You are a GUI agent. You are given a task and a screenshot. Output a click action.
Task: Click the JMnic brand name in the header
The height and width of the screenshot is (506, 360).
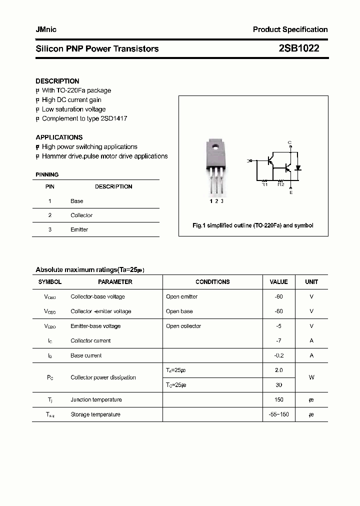[x=46, y=29]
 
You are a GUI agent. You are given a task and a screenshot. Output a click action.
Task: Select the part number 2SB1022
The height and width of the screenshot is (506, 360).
[x=299, y=48]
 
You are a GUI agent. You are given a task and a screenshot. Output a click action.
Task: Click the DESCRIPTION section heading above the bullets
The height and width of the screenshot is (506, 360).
[x=57, y=81]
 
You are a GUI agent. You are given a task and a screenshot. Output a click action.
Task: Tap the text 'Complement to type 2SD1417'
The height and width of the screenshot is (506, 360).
[x=84, y=118]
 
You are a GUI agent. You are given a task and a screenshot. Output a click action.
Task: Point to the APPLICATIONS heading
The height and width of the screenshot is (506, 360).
[x=59, y=137]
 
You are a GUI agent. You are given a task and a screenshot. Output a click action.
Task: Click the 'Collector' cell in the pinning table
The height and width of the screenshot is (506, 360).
[x=81, y=215]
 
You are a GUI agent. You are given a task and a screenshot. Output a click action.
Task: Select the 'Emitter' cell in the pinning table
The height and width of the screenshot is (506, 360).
[x=79, y=229]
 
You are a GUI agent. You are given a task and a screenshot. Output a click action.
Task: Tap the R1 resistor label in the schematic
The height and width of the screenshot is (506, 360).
[x=265, y=184]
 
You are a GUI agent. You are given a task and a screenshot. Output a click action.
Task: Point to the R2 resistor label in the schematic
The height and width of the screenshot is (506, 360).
[x=280, y=184]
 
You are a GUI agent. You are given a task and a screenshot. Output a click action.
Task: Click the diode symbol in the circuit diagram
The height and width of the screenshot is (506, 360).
[x=298, y=167]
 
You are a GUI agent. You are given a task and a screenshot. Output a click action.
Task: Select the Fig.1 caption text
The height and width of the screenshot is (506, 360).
[x=253, y=225]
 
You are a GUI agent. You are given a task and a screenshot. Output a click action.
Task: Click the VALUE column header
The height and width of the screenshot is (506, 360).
[x=278, y=282]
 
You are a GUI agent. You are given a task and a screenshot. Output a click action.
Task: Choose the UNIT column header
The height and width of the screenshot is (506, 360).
[x=311, y=282]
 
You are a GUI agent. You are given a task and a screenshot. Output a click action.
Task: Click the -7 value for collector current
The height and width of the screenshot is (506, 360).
[x=278, y=340]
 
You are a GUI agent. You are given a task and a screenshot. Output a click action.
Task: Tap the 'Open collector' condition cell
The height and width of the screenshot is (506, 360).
[x=183, y=326]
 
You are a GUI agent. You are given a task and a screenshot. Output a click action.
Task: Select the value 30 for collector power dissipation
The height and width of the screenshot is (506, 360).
[x=278, y=385]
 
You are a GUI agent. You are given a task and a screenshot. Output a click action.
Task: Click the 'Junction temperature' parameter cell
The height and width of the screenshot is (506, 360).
[x=96, y=399]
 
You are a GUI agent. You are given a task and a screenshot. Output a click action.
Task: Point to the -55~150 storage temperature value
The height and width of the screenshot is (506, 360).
[x=278, y=414]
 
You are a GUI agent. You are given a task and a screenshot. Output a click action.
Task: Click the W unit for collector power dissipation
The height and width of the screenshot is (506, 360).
[x=311, y=377]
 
